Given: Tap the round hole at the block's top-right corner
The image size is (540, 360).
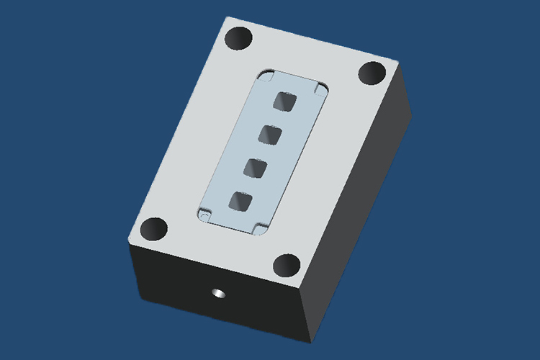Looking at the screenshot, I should click(x=372, y=73).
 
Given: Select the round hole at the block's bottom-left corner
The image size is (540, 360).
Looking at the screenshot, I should click(x=154, y=230).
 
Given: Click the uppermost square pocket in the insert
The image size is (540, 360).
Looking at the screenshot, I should click(x=287, y=102).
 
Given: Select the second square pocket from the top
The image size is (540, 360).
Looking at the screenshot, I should click(x=270, y=135).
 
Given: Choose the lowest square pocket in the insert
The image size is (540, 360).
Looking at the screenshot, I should click(x=238, y=202).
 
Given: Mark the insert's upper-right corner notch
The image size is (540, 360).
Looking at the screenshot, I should click(x=320, y=88).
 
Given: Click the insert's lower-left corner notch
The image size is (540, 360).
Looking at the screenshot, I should click(x=204, y=214).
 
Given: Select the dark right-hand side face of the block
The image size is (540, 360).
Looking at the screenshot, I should click(x=360, y=209).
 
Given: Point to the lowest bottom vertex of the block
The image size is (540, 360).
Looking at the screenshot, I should click(x=310, y=338).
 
